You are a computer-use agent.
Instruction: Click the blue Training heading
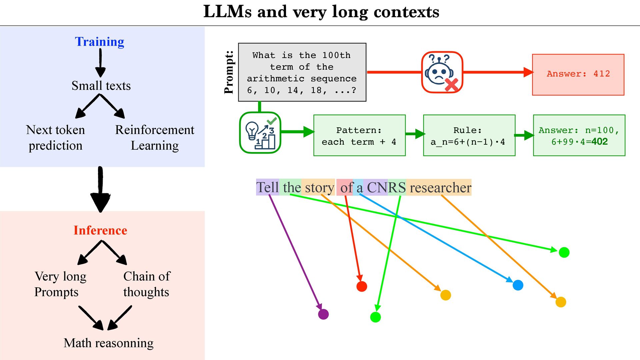click(x=99, y=42)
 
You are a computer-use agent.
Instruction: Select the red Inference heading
click(x=100, y=230)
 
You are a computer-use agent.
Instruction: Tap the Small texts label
click(x=101, y=86)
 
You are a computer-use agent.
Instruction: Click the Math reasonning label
click(x=108, y=343)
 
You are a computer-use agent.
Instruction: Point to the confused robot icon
click(x=442, y=72)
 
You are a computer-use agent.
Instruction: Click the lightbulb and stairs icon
click(x=260, y=133)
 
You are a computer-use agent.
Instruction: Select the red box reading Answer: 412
click(x=578, y=74)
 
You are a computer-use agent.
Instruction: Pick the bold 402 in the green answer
click(x=600, y=142)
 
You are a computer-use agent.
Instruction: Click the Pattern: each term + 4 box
click(x=359, y=136)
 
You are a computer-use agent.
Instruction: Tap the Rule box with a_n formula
click(x=469, y=136)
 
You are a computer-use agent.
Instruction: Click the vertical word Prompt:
click(x=229, y=72)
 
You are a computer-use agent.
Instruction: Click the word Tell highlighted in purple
click(x=267, y=187)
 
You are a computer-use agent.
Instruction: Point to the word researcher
click(x=440, y=187)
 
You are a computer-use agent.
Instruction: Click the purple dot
click(x=323, y=314)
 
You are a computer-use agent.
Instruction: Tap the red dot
click(x=362, y=286)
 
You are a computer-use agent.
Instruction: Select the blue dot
click(x=518, y=285)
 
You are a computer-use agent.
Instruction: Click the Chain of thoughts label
click(x=146, y=284)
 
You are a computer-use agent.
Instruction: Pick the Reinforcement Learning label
click(x=155, y=138)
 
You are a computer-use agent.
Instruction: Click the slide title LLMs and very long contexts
click(x=321, y=12)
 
